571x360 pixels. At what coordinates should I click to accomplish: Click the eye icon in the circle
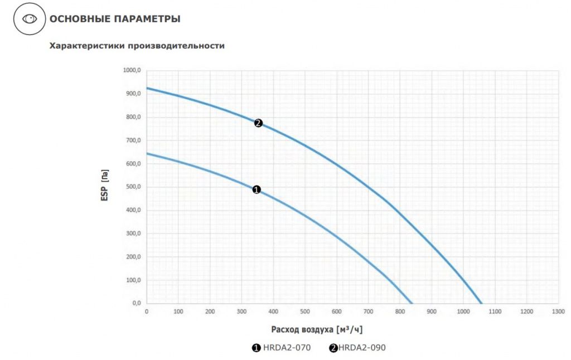pyautogui.click(x=29, y=19)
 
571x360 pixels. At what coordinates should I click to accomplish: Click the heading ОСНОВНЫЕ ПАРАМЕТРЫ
pyautogui.click(x=115, y=19)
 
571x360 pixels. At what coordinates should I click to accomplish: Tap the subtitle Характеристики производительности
pyautogui.click(x=137, y=46)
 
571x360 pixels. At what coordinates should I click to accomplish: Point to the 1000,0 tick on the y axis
pyautogui.click(x=132, y=70)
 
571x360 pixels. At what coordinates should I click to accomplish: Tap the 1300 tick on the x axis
pyautogui.click(x=558, y=312)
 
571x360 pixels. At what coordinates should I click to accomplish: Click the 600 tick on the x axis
pyautogui.click(x=336, y=312)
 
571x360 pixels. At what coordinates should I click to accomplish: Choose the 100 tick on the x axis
pyautogui.click(x=178, y=312)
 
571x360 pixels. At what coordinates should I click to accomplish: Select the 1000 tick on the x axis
pyautogui.click(x=463, y=312)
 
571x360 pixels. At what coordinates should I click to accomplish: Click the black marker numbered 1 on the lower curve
pyautogui.click(x=257, y=190)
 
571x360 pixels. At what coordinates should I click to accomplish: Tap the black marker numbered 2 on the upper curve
pyautogui.click(x=258, y=123)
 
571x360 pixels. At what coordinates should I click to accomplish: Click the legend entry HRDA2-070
pyautogui.click(x=282, y=348)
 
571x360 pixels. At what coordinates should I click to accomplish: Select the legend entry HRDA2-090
pyautogui.click(x=357, y=348)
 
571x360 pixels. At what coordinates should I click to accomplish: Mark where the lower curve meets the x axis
pyautogui.click(x=412, y=303)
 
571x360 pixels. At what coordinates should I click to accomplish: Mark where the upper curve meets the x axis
pyautogui.click(x=482, y=303)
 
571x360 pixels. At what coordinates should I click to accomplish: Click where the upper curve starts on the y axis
pyautogui.click(x=147, y=88)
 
